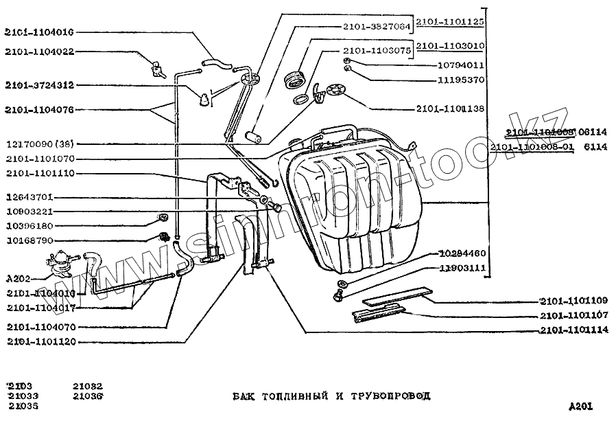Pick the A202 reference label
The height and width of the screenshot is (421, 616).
[17, 278]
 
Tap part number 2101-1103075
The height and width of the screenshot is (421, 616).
[376, 50]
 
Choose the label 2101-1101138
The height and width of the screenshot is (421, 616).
[449, 109]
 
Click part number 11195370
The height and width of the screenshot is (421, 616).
[461, 80]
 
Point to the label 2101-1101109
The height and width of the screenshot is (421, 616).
[573, 301]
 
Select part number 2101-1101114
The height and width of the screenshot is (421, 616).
[573, 330]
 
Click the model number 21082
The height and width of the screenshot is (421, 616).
[88, 387]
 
